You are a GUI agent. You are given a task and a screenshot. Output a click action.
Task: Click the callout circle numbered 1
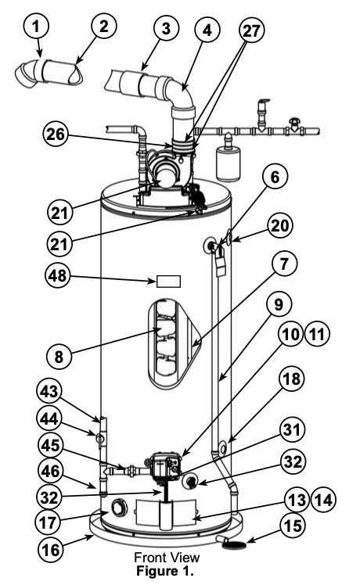coord(36,26)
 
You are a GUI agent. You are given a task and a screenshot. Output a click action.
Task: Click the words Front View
coord(167,558)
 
